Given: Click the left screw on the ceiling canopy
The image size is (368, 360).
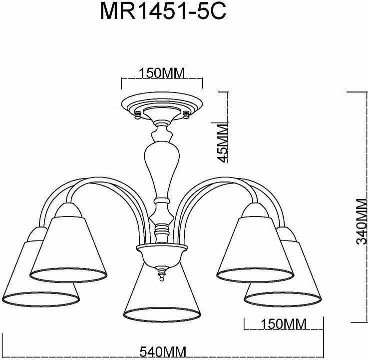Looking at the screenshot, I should (137, 115).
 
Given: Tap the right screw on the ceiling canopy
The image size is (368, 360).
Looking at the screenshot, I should (186, 115).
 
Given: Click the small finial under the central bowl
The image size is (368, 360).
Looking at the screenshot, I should (161, 273).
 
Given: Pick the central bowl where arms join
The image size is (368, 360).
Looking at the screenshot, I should (161, 255).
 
